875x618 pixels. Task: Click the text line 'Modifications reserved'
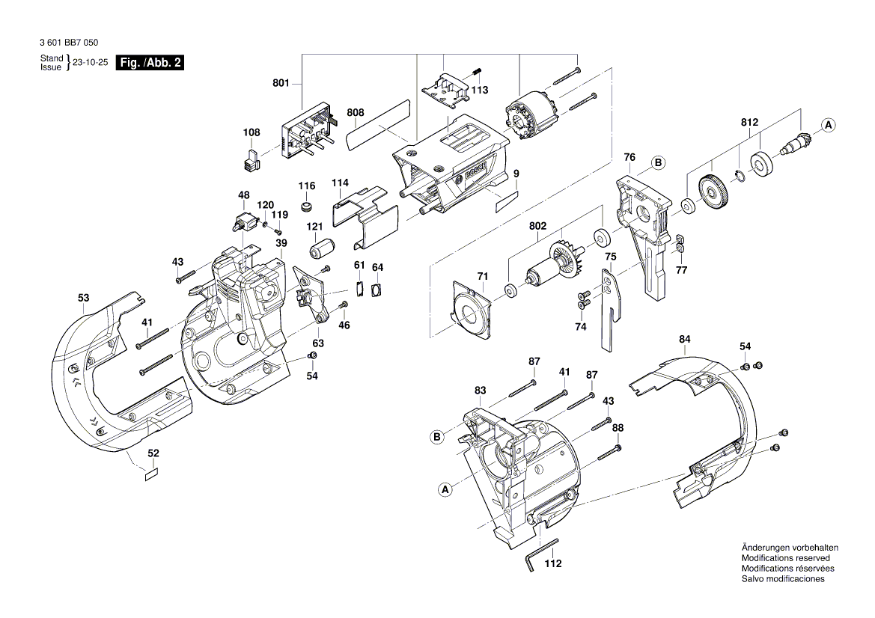click(x=785, y=558)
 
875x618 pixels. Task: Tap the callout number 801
click(x=281, y=84)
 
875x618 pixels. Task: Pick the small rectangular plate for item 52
click(x=152, y=474)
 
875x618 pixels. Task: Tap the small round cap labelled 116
click(x=306, y=206)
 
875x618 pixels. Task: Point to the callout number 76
click(x=629, y=157)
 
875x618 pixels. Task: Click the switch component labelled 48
click(x=244, y=221)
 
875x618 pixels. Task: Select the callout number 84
click(x=684, y=340)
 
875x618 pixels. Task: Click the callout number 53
click(x=83, y=298)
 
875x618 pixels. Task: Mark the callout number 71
click(x=482, y=276)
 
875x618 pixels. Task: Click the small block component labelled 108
click(x=250, y=159)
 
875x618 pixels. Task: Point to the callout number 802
click(x=537, y=225)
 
